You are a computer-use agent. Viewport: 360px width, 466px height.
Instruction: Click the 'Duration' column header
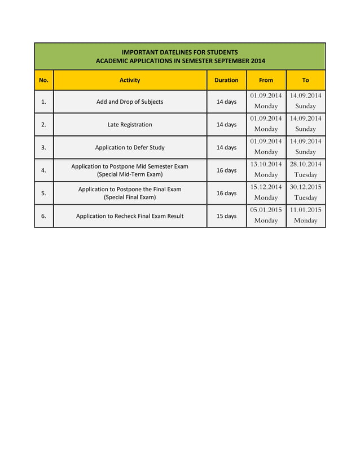(x=226, y=80)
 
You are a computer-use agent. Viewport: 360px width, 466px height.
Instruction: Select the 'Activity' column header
(x=130, y=80)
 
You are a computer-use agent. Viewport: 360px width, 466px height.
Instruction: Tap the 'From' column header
(x=266, y=80)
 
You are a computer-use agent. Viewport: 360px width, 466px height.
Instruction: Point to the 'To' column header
(x=305, y=80)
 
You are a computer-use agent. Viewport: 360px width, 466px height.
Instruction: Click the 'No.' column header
(x=43, y=80)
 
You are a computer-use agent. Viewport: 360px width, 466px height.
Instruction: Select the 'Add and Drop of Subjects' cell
(x=130, y=102)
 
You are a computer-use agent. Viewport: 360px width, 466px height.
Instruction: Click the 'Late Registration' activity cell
(x=130, y=125)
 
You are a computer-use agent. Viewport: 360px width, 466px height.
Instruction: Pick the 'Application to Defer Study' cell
(x=130, y=147)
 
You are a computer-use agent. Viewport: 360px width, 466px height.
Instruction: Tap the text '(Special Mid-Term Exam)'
(x=130, y=174)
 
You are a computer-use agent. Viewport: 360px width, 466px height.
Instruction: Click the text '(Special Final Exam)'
(x=130, y=197)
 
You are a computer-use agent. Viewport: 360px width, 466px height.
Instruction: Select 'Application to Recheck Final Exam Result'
(x=130, y=216)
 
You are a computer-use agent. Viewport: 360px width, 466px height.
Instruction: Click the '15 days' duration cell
(x=226, y=216)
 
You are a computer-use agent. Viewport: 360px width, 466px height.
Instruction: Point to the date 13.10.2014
(x=266, y=164)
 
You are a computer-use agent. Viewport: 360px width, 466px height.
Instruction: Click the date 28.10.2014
(x=305, y=164)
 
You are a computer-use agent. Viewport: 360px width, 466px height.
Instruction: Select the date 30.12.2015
(x=305, y=187)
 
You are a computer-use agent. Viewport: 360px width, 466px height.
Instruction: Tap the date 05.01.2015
(x=266, y=210)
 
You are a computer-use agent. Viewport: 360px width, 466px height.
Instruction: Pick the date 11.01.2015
(x=305, y=210)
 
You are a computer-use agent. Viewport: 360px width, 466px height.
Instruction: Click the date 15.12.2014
(x=266, y=187)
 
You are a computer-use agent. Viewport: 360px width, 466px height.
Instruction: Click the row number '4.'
(x=43, y=170)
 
